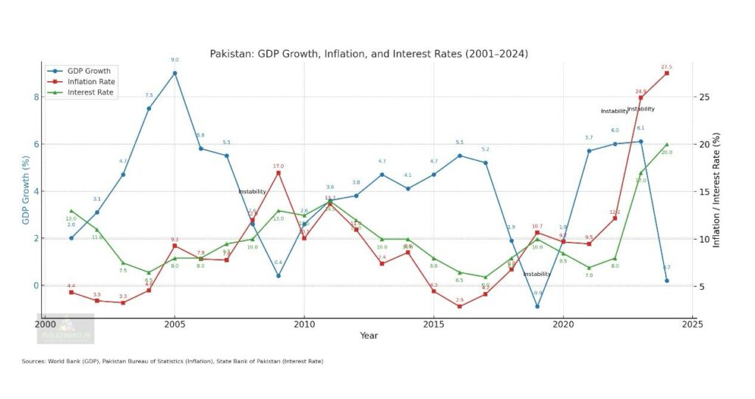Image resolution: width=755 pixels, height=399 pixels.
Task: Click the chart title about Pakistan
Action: click(369, 54)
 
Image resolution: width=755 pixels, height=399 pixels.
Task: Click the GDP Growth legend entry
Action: click(88, 72)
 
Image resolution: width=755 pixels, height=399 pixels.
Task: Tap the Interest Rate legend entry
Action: click(90, 93)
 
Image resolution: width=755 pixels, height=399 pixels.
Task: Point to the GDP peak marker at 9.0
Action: click(175, 73)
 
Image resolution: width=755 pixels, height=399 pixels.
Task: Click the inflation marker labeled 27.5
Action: click(667, 73)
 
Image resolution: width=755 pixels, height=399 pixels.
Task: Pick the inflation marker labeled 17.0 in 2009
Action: click(278, 173)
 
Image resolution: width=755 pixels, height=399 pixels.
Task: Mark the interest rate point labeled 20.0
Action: click(667, 145)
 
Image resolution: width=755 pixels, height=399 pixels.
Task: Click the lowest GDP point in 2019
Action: click(537, 306)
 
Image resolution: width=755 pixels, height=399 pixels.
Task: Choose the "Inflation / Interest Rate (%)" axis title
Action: click(716, 190)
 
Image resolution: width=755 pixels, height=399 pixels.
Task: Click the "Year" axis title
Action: click(369, 336)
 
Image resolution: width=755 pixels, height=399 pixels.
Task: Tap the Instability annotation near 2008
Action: click(251, 192)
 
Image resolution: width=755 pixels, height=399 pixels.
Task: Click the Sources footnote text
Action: click(173, 361)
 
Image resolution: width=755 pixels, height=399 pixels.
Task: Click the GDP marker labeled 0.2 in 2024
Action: click(667, 280)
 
